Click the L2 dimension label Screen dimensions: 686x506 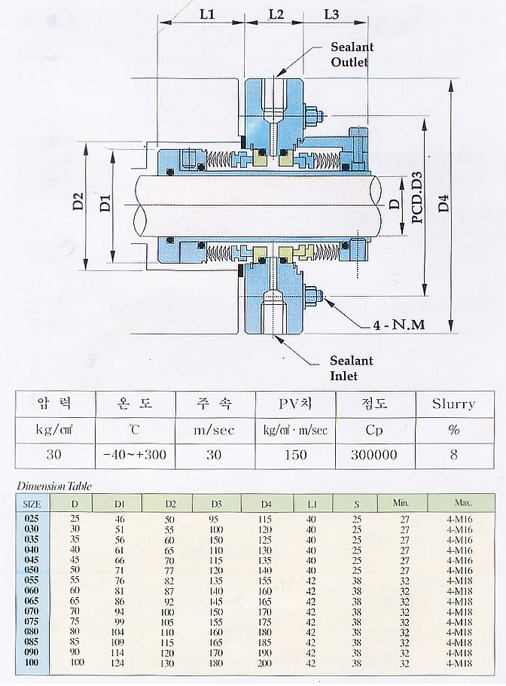click(276, 14)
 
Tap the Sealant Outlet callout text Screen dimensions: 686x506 click(352, 54)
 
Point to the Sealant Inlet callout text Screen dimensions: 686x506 click(351, 368)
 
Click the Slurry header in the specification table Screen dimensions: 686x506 click(453, 404)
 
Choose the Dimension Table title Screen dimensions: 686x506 click(54, 486)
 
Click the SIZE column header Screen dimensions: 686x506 click(32, 503)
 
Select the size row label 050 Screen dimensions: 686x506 click(32, 571)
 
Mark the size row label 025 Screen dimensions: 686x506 click(32, 520)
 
